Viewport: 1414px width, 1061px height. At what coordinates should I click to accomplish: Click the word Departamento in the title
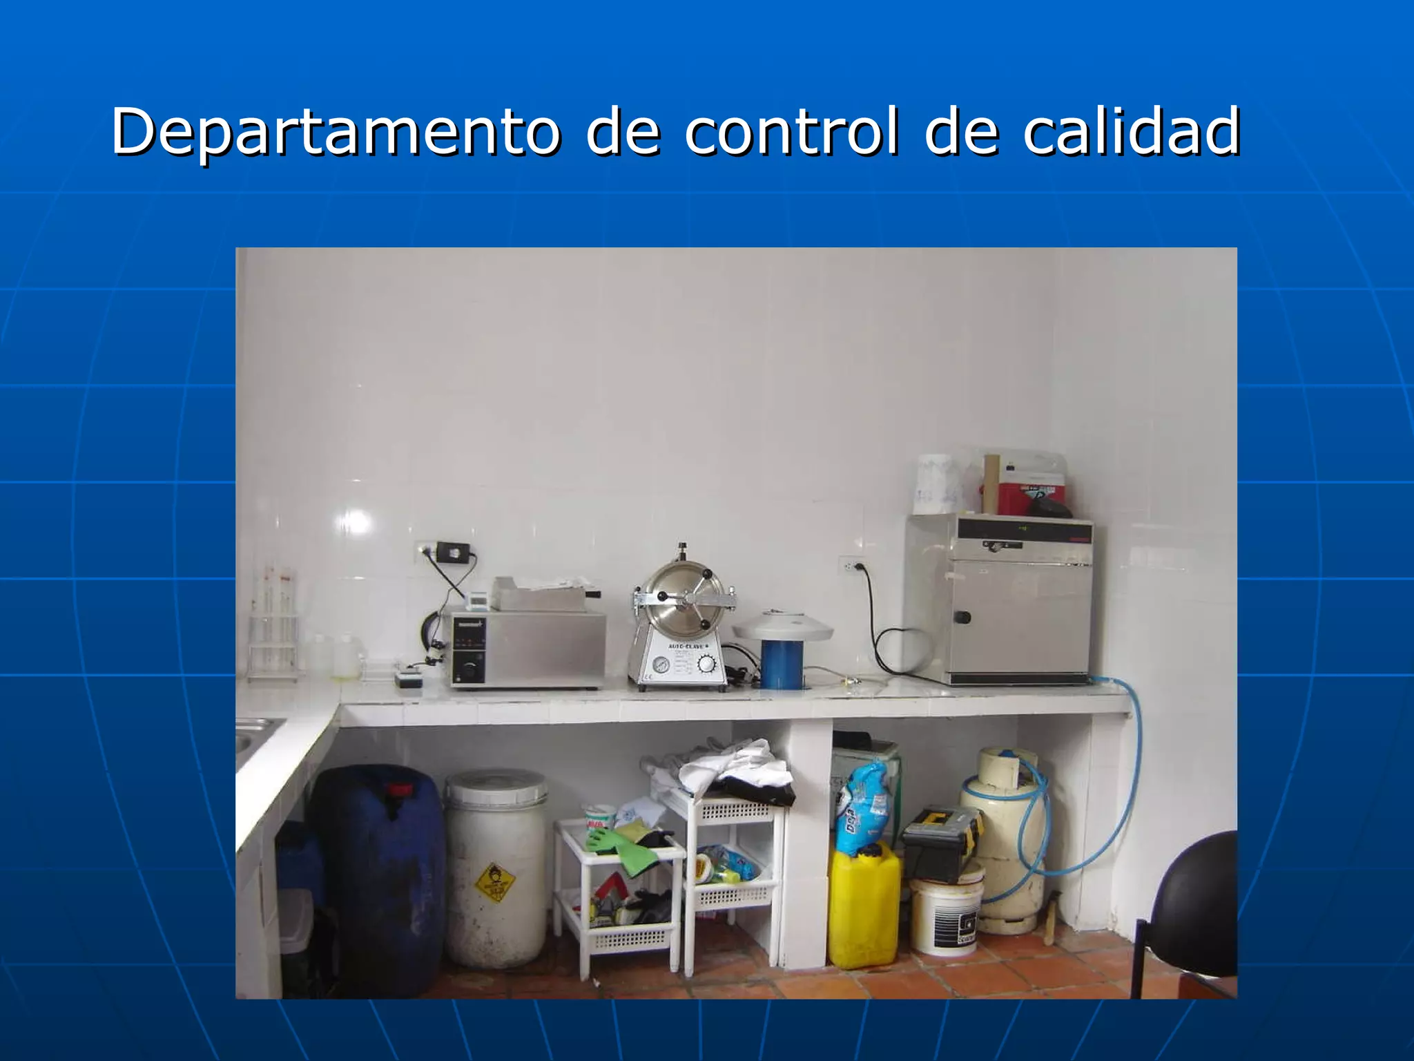click(336, 131)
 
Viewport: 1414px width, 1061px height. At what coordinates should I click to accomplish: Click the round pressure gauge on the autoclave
click(661, 666)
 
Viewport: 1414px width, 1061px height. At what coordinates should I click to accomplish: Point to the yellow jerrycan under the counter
click(864, 905)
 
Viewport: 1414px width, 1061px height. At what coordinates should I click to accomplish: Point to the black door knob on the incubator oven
click(962, 617)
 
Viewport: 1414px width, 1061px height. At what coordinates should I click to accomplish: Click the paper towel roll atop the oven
click(938, 484)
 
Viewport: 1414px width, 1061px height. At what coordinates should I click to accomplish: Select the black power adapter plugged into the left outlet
click(454, 551)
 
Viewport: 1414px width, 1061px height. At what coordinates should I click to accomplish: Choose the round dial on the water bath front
click(470, 669)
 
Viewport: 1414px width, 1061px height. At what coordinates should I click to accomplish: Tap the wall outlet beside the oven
click(851, 565)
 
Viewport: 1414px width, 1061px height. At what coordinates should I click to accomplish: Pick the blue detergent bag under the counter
click(861, 808)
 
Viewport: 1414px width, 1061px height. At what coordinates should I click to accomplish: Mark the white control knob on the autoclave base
click(706, 664)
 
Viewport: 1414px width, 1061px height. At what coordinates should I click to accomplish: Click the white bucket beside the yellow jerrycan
click(946, 915)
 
